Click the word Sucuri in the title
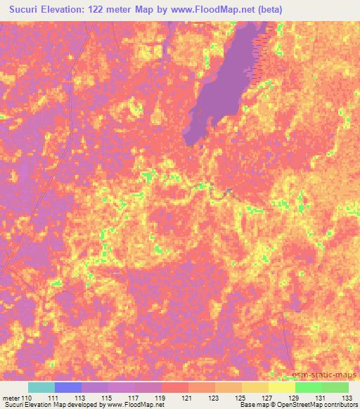[x=26, y=9]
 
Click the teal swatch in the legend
[x=41, y=387]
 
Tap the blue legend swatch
[x=68, y=387]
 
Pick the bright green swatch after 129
[x=308, y=387]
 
